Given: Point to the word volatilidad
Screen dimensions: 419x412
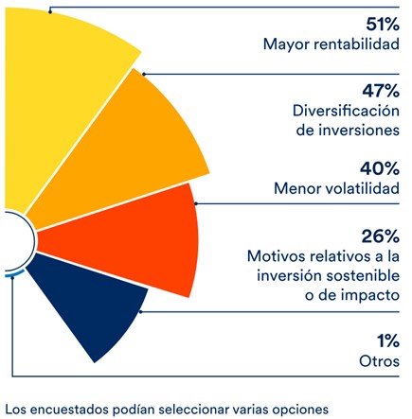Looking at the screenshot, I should coord(361,189).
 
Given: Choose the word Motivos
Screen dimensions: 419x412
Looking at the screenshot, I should coord(276,256).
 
